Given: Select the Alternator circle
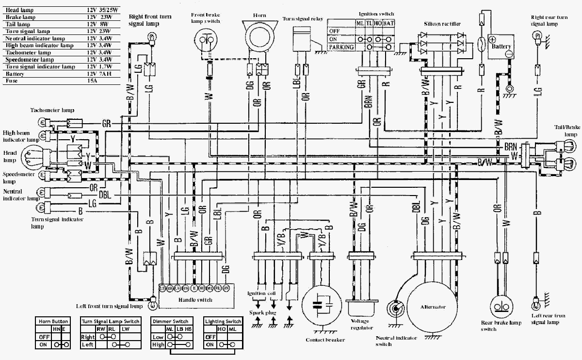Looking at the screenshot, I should coord(432,307).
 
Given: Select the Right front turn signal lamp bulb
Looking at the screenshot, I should coord(151,35).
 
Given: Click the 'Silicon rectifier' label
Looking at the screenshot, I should coord(442,24).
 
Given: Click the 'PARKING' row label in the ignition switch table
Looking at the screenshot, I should coord(341,47).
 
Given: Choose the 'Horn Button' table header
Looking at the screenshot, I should coord(53,321).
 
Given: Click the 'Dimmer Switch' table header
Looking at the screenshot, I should coord(170,321).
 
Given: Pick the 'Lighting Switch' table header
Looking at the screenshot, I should coord(223,321).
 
